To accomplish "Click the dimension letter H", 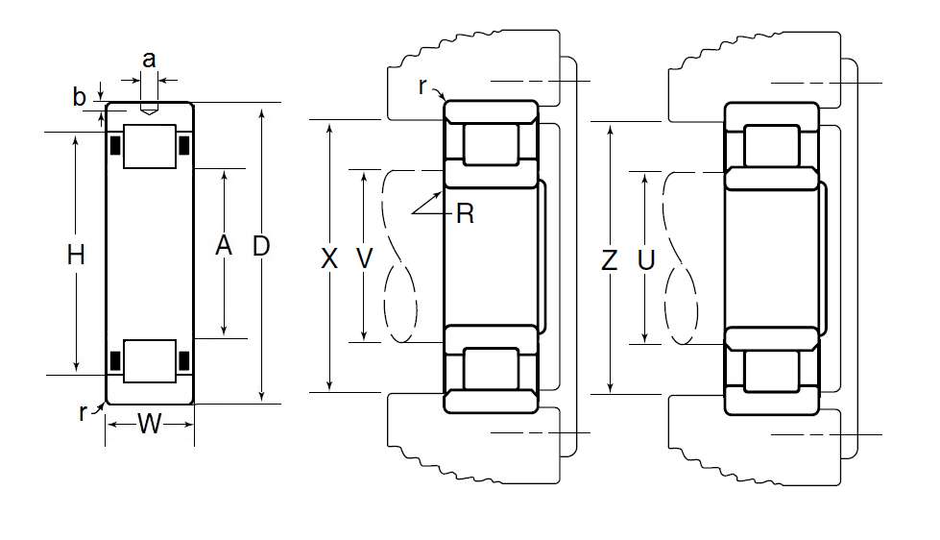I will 77,255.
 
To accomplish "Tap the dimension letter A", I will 224,247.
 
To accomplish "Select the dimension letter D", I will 260,247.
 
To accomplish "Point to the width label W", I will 149,423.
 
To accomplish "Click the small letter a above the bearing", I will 149,60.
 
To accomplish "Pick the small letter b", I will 80,97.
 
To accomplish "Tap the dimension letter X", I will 329,258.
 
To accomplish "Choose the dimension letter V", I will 364,258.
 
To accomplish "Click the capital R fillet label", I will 466,214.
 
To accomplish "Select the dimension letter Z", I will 609,259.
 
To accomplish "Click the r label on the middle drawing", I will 422,86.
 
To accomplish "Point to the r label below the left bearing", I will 84,413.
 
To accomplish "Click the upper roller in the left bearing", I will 149,147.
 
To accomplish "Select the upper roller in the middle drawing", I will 490,143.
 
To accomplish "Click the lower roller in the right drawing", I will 772,369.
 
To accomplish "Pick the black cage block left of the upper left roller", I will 115,146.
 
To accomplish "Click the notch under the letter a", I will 149,110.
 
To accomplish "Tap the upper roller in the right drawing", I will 772,145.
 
